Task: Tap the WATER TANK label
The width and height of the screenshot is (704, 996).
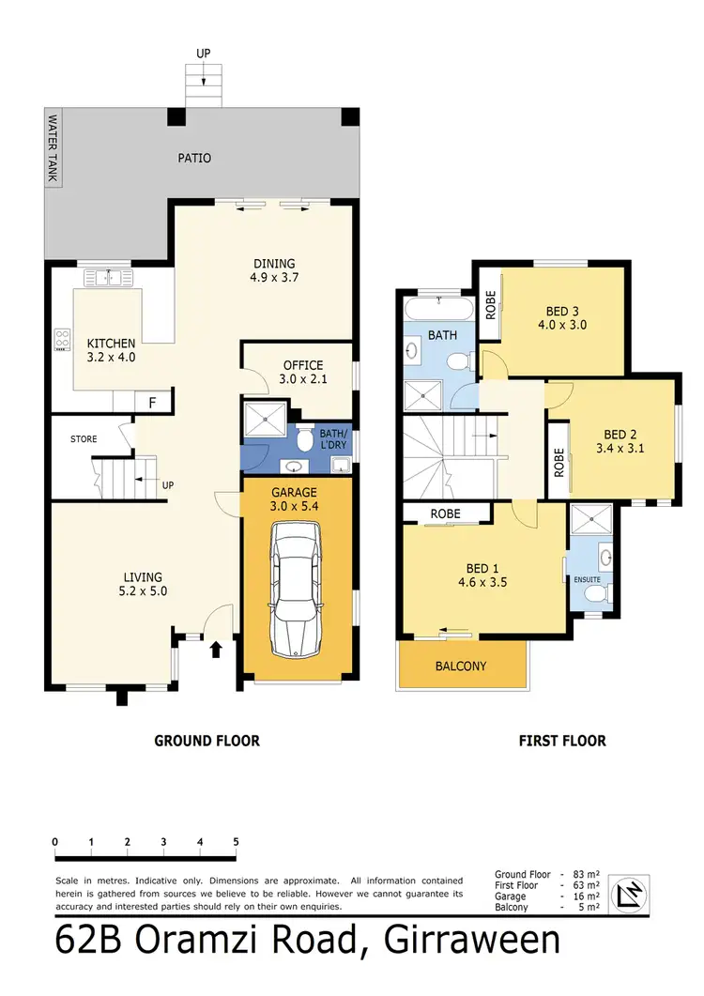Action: click(x=54, y=150)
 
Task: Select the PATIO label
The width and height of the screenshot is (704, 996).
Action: click(x=193, y=158)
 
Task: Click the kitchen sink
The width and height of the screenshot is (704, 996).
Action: click(x=111, y=277)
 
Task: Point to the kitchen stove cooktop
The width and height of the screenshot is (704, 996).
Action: click(x=63, y=339)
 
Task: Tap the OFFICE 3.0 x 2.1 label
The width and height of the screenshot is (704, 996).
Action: click(x=302, y=373)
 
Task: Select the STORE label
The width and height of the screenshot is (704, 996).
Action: click(x=84, y=438)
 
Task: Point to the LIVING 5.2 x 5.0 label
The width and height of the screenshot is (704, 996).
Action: click(x=143, y=584)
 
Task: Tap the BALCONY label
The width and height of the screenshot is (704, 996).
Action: click(x=461, y=666)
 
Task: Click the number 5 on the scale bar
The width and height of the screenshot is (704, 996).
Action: click(x=236, y=841)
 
